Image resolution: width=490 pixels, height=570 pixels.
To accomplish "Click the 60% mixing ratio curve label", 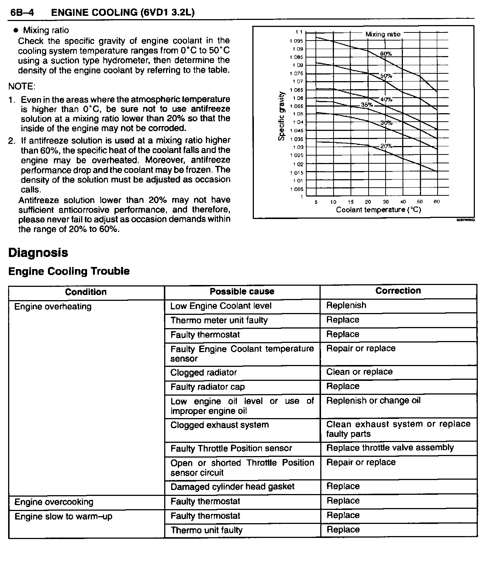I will click(x=386, y=54).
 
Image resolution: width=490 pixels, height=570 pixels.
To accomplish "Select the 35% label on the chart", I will click(x=367, y=105).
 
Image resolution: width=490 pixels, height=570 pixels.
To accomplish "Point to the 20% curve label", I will click(x=386, y=146).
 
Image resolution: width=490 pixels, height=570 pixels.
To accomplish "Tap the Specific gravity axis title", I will click(x=282, y=116).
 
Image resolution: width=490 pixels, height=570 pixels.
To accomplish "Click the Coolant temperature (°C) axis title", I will click(x=378, y=210).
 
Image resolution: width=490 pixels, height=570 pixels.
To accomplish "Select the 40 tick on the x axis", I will click(x=403, y=202).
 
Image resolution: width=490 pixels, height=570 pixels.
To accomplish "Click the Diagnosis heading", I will click(x=38, y=253).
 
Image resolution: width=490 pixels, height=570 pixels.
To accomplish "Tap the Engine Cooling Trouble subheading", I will click(x=69, y=271).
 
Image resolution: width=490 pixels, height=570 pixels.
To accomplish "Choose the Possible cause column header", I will click(x=242, y=292).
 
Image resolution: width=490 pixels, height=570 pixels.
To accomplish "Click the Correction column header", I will click(x=398, y=291).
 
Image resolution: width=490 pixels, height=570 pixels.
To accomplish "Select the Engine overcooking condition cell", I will click(x=54, y=502).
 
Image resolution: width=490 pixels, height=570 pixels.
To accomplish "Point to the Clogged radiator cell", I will click(x=203, y=372).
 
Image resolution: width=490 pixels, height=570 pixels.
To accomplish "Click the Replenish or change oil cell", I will click(x=373, y=401).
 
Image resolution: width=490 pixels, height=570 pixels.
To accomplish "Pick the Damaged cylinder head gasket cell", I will click(x=232, y=487).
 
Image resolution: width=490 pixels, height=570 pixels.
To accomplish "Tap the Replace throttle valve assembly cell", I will click(x=390, y=448).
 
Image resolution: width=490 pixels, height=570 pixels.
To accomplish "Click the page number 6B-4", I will click(x=22, y=13).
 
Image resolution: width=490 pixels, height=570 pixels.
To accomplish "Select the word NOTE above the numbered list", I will click(x=22, y=87).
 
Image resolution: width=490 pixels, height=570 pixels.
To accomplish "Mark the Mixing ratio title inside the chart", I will click(x=383, y=34).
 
